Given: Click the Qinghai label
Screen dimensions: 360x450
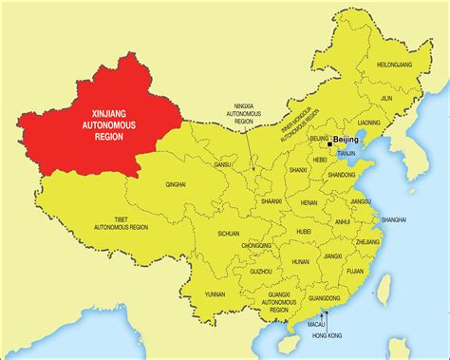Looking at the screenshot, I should pos(176,184).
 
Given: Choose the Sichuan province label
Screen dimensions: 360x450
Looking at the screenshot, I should pos(228,233).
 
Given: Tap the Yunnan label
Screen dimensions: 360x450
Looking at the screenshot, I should pos(215,294).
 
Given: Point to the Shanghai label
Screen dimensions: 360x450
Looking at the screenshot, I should pos(395,219).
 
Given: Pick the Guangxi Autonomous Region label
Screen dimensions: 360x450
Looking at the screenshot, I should pos(265,303).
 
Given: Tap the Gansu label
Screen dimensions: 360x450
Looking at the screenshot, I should pos(222,164).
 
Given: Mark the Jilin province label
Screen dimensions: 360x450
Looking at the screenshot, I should pos(385,97).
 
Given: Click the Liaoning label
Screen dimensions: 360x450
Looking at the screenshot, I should pos(368,123).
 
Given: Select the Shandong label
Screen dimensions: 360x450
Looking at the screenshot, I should pos(341,176).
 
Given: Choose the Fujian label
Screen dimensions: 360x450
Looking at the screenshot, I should pos(355,271).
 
